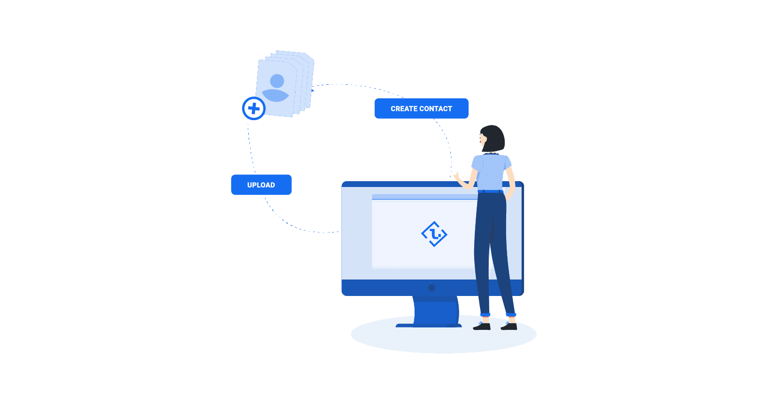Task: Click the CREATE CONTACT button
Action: pyautogui.click(x=421, y=109)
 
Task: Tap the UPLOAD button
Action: pyautogui.click(x=261, y=185)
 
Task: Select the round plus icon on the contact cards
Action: pyautogui.click(x=254, y=108)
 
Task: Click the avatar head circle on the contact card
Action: pyautogui.click(x=277, y=81)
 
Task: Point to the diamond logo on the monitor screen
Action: pyautogui.click(x=434, y=234)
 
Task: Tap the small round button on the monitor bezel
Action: pyautogui.click(x=432, y=288)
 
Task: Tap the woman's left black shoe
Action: pyautogui.click(x=482, y=326)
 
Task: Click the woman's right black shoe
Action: pyautogui.click(x=509, y=326)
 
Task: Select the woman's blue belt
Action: pyautogui.click(x=491, y=191)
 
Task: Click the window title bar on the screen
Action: pyautogui.click(x=422, y=197)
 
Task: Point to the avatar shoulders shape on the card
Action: pyautogui.click(x=275, y=95)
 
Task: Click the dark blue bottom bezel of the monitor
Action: pyautogui.click(x=388, y=288)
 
